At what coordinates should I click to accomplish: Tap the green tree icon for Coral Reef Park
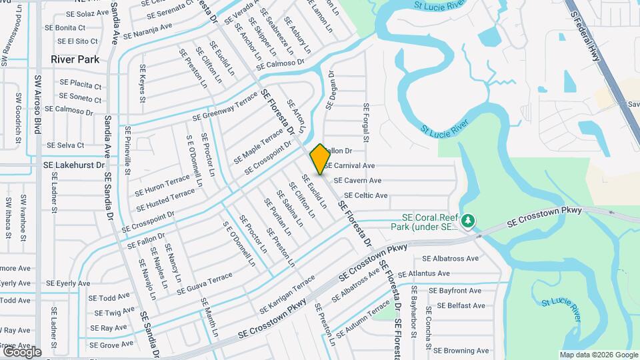point(469,219)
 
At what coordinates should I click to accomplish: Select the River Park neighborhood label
point(75,59)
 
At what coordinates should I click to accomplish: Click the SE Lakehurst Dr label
point(75,164)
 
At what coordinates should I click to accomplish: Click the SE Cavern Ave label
point(357,181)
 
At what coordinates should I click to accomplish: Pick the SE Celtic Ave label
point(362,196)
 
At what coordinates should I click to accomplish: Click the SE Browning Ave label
point(461,351)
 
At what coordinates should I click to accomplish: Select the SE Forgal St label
point(366,123)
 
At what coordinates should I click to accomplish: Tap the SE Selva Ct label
point(65,145)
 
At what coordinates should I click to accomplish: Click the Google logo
point(22,352)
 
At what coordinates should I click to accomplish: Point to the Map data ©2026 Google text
point(597,355)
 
